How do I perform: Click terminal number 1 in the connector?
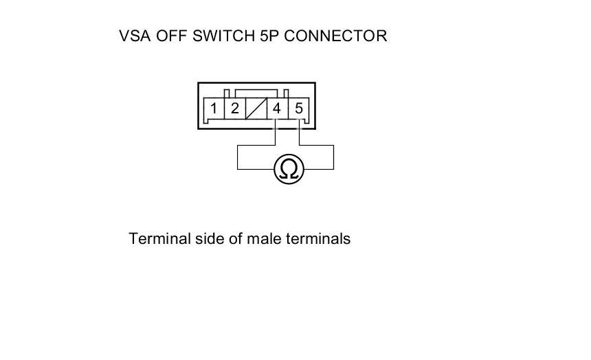tap(214, 109)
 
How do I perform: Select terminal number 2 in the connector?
tap(234, 109)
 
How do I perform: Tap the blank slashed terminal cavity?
tap(256, 109)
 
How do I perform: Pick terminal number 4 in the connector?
tap(277, 109)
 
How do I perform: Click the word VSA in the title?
tap(135, 36)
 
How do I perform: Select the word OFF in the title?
tap(173, 36)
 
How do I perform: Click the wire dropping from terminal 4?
tap(276, 134)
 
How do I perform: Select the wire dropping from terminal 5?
tap(300, 134)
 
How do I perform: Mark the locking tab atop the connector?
tap(256, 91)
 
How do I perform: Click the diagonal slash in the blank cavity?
tap(256, 109)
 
